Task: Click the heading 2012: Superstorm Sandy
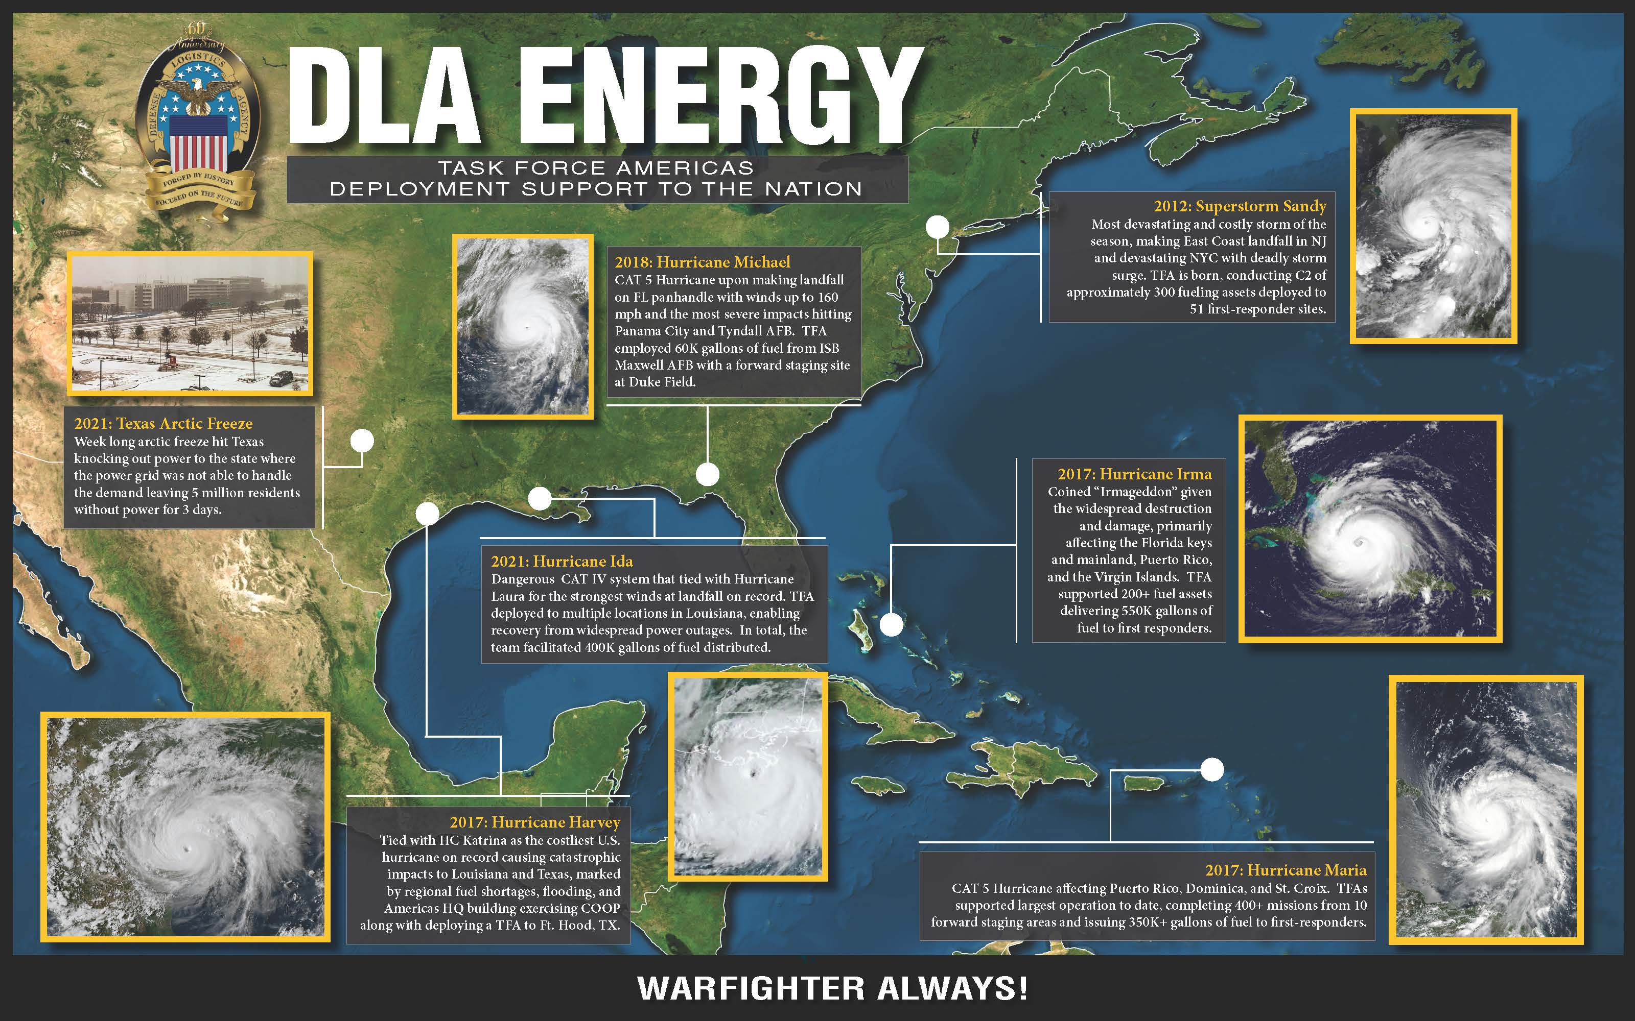(x=1240, y=206)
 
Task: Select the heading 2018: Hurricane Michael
(x=702, y=262)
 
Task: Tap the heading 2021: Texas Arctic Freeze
(x=163, y=423)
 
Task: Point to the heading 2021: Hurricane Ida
(x=562, y=561)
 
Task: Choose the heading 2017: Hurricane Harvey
(x=534, y=822)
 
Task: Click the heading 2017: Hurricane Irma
(x=1134, y=474)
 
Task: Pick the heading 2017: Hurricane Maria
(x=1286, y=870)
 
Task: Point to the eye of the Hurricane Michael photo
(x=525, y=328)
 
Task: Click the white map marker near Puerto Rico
(x=1212, y=769)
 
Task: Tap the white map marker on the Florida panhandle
(x=707, y=474)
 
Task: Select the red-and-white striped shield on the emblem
(x=198, y=142)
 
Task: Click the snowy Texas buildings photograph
(x=190, y=323)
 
